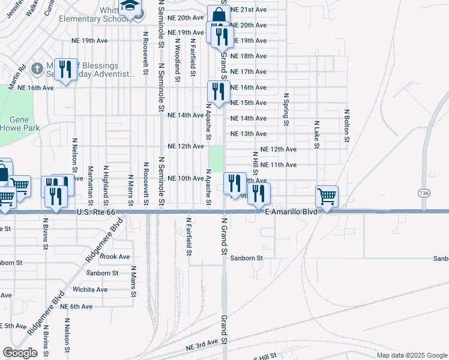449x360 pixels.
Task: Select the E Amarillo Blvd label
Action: pyautogui.click(x=291, y=212)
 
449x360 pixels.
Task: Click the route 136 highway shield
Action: pyautogui.click(x=424, y=193)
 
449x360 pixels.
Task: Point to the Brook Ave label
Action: pyautogui.click(x=115, y=256)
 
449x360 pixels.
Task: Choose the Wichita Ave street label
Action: pyautogui.click(x=91, y=289)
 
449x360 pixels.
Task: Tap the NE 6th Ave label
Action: pyautogui.click(x=76, y=307)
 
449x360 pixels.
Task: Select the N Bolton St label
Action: pyautogui.click(x=346, y=126)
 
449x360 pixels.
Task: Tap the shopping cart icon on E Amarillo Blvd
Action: pyautogui.click(x=327, y=196)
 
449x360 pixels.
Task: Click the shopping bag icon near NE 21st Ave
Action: pyautogui.click(x=218, y=16)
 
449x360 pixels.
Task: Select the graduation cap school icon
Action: pyautogui.click(x=128, y=7)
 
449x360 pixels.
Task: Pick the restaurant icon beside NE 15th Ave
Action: pyautogui.click(x=217, y=91)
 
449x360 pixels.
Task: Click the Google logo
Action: pyautogui.click(x=20, y=353)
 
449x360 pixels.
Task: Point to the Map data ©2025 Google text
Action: pyautogui.click(x=411, y=355)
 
